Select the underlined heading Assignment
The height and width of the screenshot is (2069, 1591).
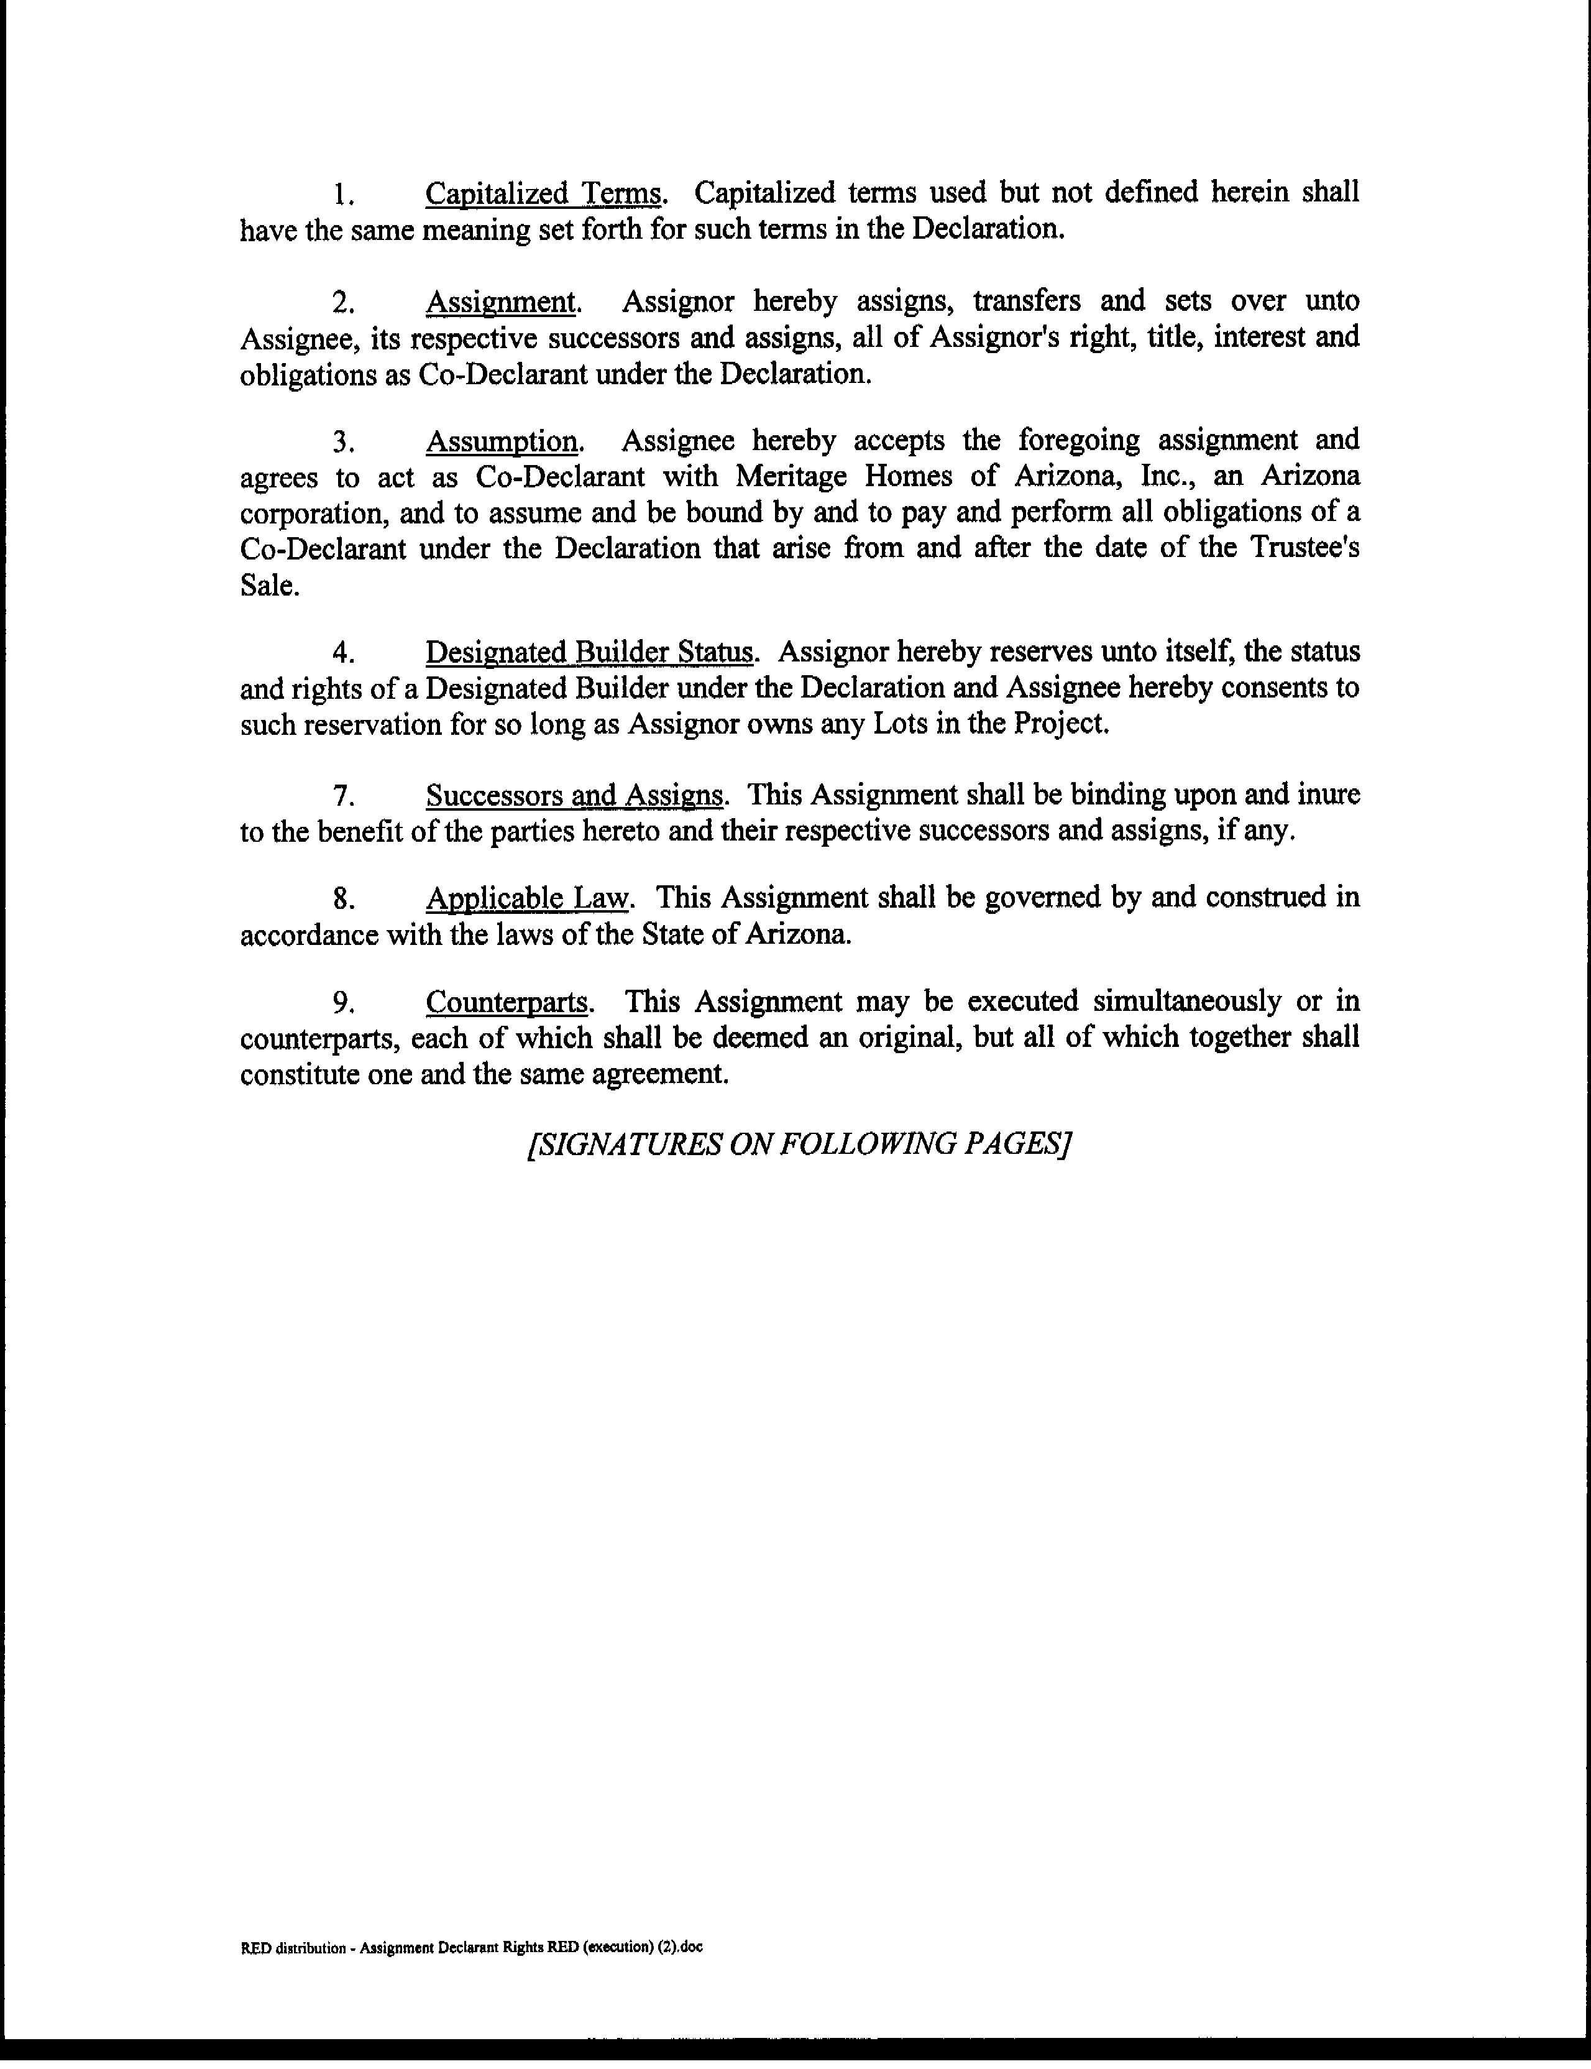coord(501,302)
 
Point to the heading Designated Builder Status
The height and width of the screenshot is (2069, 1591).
coord(590,653)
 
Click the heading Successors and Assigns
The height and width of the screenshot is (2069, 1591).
coord(575,795)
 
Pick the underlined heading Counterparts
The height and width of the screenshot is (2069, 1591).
coord(508,1002)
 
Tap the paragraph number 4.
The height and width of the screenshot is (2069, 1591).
coord(344,653)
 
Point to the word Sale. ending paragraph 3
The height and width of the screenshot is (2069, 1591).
coord(270,586)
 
